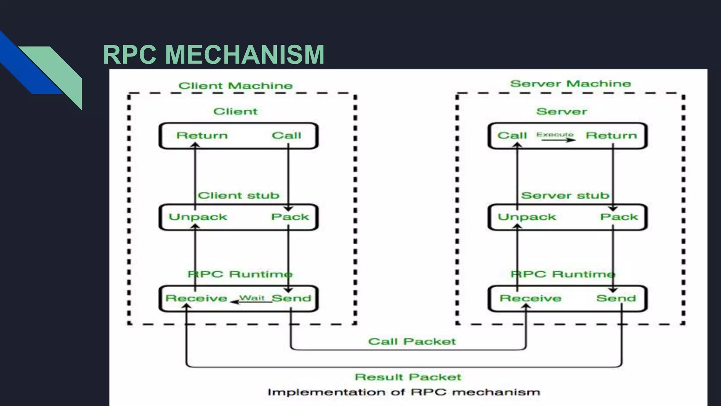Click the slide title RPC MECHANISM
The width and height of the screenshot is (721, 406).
point(213,55)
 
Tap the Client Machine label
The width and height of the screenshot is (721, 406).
point(235,86)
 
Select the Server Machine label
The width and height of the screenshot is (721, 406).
point(570,84)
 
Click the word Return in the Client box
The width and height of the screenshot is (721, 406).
point(202,136)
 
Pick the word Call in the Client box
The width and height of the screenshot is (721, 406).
point(286,136)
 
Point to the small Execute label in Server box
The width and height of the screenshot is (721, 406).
point(554,134)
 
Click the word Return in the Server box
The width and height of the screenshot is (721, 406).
point(611,136)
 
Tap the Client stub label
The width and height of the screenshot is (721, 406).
point(238,196)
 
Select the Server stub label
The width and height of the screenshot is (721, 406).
point(565,196)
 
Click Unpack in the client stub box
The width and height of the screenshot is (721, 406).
point(198,217)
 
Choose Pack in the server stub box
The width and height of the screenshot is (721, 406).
point(619,217)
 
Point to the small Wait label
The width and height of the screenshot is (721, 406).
point(252,298)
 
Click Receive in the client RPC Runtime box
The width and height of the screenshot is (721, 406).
point(196,299)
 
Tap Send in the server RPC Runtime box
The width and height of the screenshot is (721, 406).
point(616,299)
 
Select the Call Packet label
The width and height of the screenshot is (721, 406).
point(412,342)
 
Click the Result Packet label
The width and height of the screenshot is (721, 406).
point(408,377)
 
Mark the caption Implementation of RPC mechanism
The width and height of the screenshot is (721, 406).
point(403,392)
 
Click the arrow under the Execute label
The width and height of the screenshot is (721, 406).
point(558,140)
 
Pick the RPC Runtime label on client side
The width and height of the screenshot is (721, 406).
point(240,274)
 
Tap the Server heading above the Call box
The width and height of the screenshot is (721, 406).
point(562,112)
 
